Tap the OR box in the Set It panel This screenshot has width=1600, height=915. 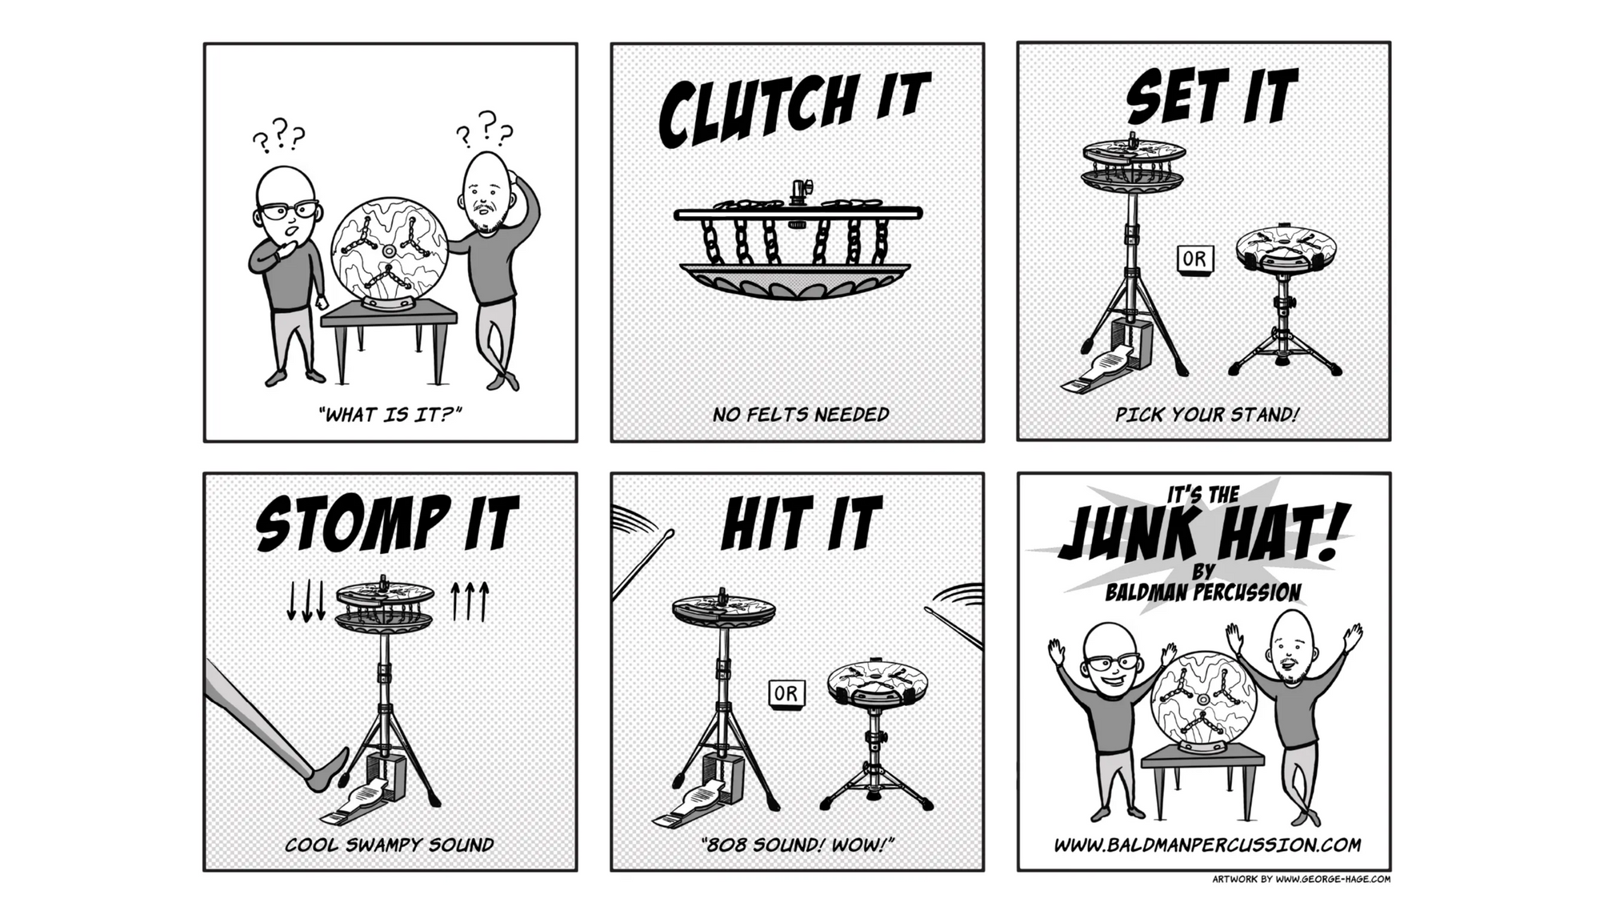[x=1194, y=259]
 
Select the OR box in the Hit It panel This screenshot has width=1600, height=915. [x=786, y=693]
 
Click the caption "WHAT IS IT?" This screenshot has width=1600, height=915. [x=390, y=414]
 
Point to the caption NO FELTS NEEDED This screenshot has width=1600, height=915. [x=800, y=415]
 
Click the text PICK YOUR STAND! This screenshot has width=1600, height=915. [x=1206, y=415]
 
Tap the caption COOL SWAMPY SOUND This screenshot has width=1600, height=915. [x=390, y=845]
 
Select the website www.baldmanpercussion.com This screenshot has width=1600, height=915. [x=1206, y=845]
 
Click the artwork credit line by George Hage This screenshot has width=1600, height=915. [x=1301, y=879]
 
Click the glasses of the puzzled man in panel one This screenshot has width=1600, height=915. [x=287, y=211]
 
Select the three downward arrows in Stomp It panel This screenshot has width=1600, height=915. [x=306, y=601]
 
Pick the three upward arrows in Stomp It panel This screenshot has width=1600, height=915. [x=470, y=601]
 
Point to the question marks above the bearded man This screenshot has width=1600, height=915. [x=485, y=130]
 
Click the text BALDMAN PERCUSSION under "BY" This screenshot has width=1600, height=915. [x=1202, y=592]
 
